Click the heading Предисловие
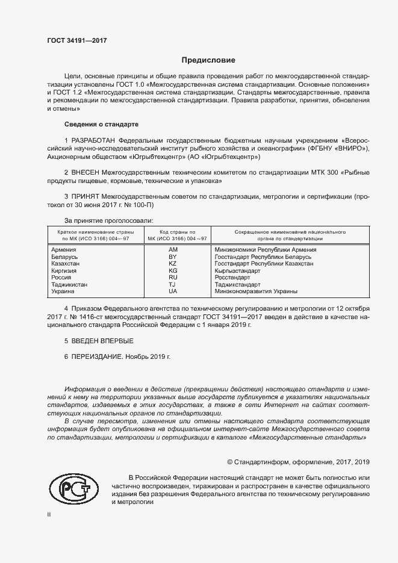pyautogui.click(x=208, y=60)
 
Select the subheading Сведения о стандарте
pyautogui.click(x=102, y=124)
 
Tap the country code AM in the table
pyautogui.click(x=173, y=249)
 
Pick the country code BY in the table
pyautogui.click(x=173, y=257)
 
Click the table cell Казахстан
pyautogui.click(x=66, y=264)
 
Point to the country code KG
pyautogui.click(x=173, y=271)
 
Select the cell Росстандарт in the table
pyautogui.click(x=232, y=278)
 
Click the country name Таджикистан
pyautogui.click(x=69, y=285)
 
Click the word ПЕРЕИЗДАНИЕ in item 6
pyautogui.click(x=97, y=356)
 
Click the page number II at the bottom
pyautogui.click(x=49, y=515)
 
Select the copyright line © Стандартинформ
pyautogui.click(x=297, y=462)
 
